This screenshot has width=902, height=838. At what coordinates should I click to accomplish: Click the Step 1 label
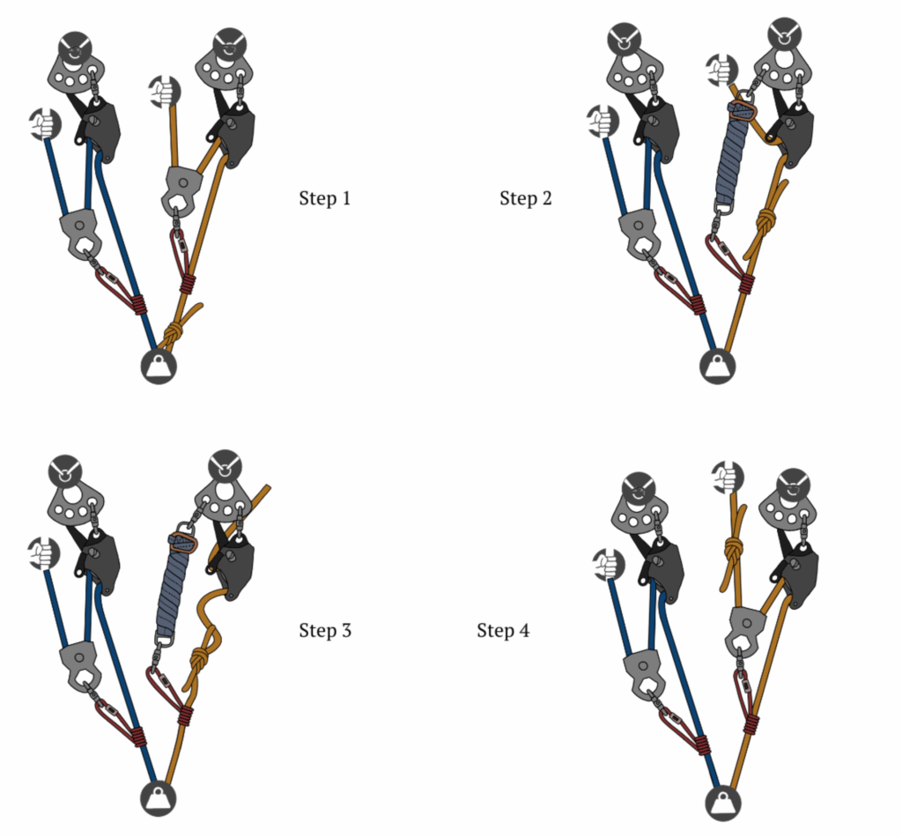(x=324, y=198)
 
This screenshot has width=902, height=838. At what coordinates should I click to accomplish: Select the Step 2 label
(x=526, y=198)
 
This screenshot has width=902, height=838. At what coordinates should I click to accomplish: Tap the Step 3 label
(x=324, y=631)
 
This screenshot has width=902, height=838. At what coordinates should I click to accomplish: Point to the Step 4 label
(x=503, y=631)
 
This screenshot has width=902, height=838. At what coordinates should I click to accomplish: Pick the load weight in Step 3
(x=159, y=799)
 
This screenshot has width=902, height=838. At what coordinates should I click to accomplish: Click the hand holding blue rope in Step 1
(x=41, y=123)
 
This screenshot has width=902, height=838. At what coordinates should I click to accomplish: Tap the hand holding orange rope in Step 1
(x=164, y=91)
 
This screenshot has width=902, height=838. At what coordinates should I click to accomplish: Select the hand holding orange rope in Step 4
(x=727, y=477)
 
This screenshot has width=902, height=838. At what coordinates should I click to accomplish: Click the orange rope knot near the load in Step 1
(x=174, y=332)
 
